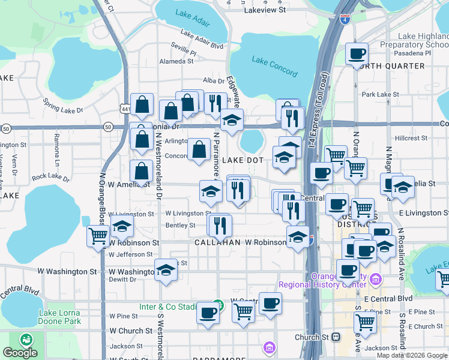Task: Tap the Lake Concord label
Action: (274, 67)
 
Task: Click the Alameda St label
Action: (176, 61)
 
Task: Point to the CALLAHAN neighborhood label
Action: (217, 242)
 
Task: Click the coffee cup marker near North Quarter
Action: (357, 54)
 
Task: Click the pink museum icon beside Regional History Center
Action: (376, 278)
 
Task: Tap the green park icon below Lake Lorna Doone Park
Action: (26, 339)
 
